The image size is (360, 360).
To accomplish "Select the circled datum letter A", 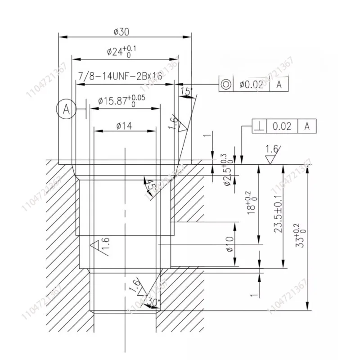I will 66,108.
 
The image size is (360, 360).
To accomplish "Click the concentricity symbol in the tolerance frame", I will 225,84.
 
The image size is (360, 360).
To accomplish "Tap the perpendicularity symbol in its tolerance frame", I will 259,126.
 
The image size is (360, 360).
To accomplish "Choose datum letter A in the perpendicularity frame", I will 307,126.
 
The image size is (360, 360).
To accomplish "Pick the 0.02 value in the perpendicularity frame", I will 282,126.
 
